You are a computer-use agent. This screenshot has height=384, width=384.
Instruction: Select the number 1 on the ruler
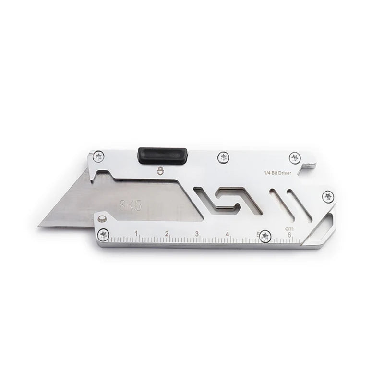137,234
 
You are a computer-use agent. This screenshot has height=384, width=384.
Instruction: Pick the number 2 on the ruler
167,234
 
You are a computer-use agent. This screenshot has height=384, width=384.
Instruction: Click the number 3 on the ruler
197,235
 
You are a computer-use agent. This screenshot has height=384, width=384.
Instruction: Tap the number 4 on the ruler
227,235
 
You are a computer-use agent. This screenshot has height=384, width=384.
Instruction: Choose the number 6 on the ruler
289,235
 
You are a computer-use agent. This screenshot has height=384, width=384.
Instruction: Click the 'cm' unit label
288,228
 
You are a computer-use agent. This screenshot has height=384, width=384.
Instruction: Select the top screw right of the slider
222,157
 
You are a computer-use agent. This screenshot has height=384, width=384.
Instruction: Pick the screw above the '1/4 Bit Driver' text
294,158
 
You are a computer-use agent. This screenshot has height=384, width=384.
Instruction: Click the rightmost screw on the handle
328,196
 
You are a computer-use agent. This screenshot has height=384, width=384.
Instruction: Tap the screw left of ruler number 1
103,234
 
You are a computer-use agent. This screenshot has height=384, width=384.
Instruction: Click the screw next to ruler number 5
265,236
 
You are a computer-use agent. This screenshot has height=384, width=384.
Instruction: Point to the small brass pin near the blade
101,219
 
